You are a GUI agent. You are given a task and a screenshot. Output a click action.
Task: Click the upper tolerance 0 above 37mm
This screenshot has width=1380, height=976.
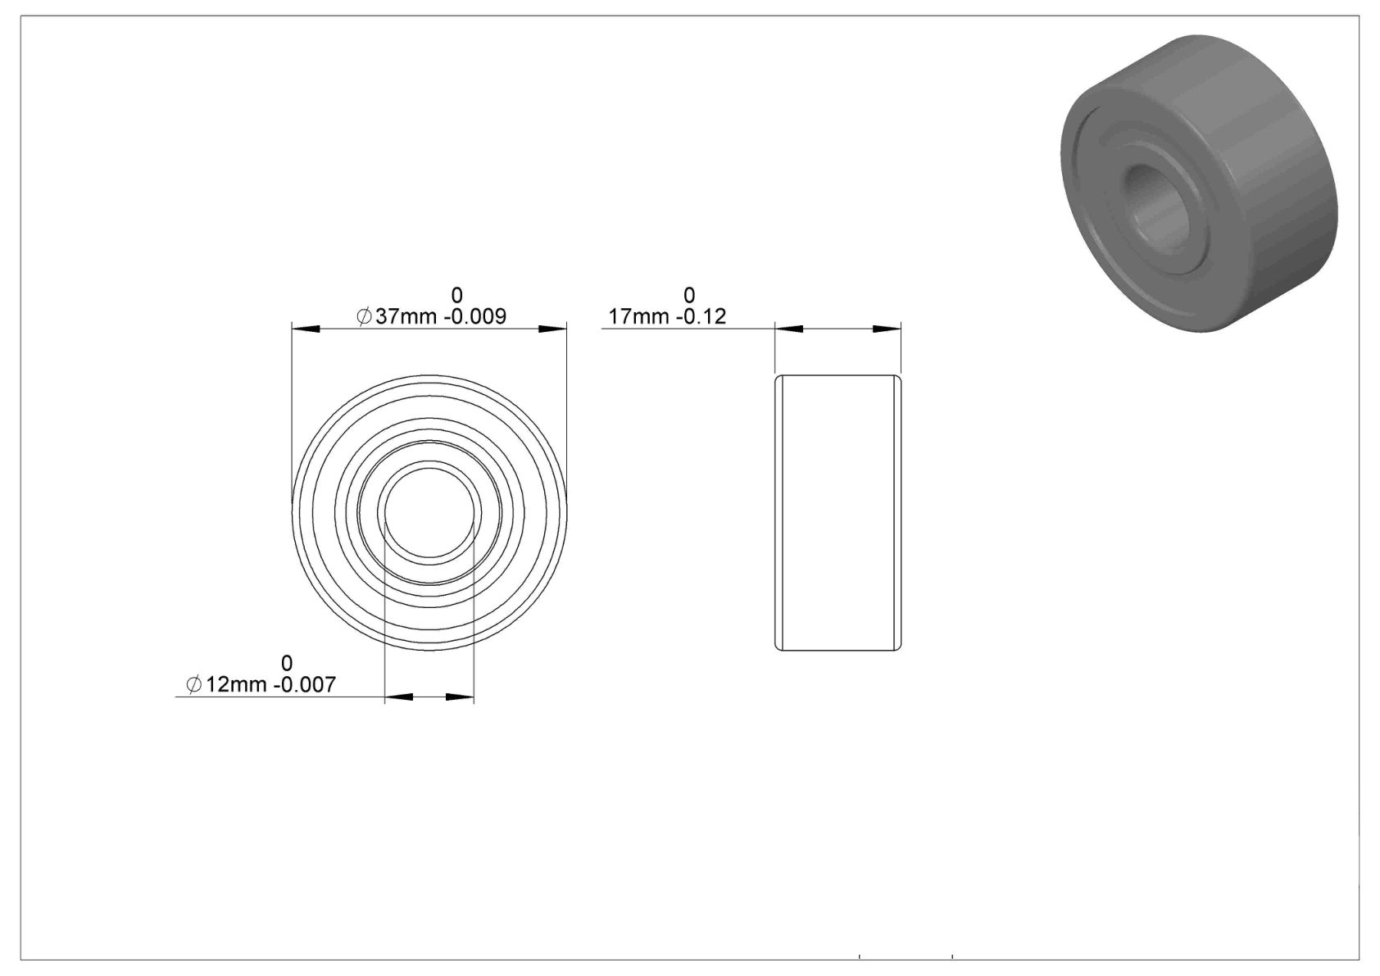point(456,295)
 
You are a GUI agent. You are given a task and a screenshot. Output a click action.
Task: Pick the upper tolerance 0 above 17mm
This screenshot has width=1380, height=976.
point(688,295)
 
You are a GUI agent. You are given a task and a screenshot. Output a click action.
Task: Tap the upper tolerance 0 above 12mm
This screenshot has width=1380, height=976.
point(287,664)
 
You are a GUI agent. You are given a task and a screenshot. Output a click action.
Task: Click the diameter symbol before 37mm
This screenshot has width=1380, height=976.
point(364,316)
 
